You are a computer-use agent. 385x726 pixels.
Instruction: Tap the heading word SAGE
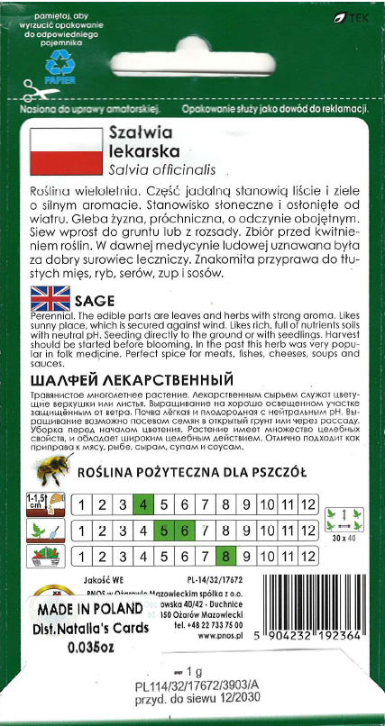(x=94, y=298)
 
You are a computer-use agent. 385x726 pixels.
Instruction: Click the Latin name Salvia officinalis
(x=158, y=167)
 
